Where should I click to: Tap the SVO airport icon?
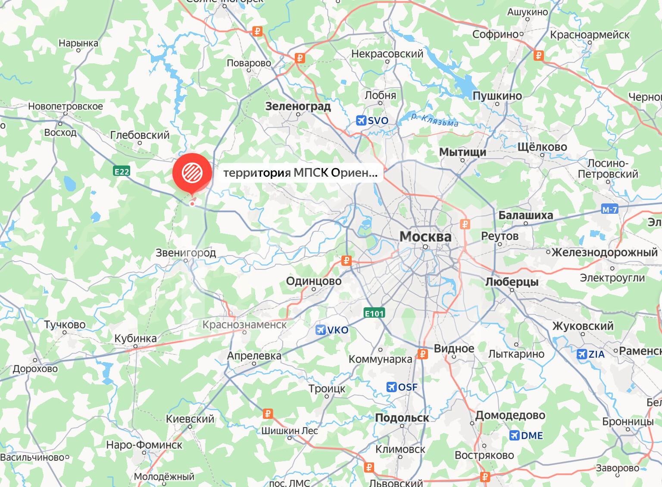click(361, 120)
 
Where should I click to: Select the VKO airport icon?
click(320, 330)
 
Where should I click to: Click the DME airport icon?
click(515, 435)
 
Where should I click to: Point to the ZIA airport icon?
click(582, 354)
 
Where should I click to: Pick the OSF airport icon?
click(392, 387)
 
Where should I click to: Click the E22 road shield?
click(122, 172)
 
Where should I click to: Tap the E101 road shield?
click(374, 313)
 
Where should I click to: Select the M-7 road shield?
click(610, 210)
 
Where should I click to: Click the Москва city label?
click(425, 237)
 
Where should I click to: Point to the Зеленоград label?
click(298, 106)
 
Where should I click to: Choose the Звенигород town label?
click(186, 253)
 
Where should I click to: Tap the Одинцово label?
click(314, 281)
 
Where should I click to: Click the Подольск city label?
click(402, 418)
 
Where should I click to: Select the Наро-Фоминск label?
click(144, 445)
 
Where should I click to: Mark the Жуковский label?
click(583, 326)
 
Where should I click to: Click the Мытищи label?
click(462, 152)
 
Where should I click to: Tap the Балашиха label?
click(525, 215)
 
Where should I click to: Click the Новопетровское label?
click(66, 106)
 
